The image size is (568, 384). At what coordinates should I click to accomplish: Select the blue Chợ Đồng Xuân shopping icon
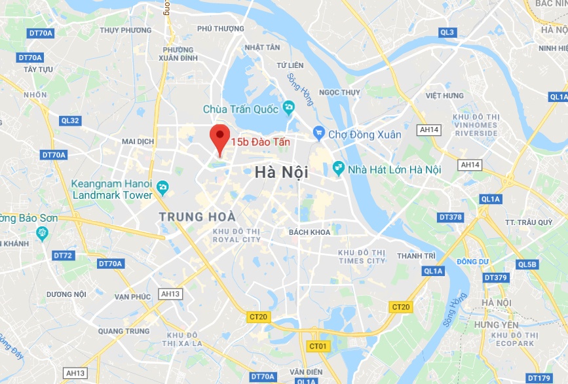coord(319,134)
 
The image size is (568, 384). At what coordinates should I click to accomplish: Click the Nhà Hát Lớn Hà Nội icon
coord(339,169)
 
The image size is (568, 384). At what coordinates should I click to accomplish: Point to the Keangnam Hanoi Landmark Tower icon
coord(163,189)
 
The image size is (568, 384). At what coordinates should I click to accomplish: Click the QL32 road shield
coord(70,120)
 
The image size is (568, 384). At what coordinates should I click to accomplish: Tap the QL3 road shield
coord(447,32)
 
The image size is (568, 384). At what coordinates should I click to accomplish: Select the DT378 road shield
coord(450,217)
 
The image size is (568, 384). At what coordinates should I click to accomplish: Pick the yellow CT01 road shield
coord(318,345)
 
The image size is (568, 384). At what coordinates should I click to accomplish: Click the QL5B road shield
coord(526,264)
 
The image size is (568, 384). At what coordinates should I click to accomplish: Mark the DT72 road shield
coord(63,255)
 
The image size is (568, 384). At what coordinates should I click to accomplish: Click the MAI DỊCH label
coord(138,141)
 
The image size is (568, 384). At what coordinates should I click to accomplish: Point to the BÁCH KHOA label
coord(307,232)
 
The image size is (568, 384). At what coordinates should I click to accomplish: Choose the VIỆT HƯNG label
coord(444,96)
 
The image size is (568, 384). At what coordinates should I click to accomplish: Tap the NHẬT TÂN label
coord(262,47)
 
